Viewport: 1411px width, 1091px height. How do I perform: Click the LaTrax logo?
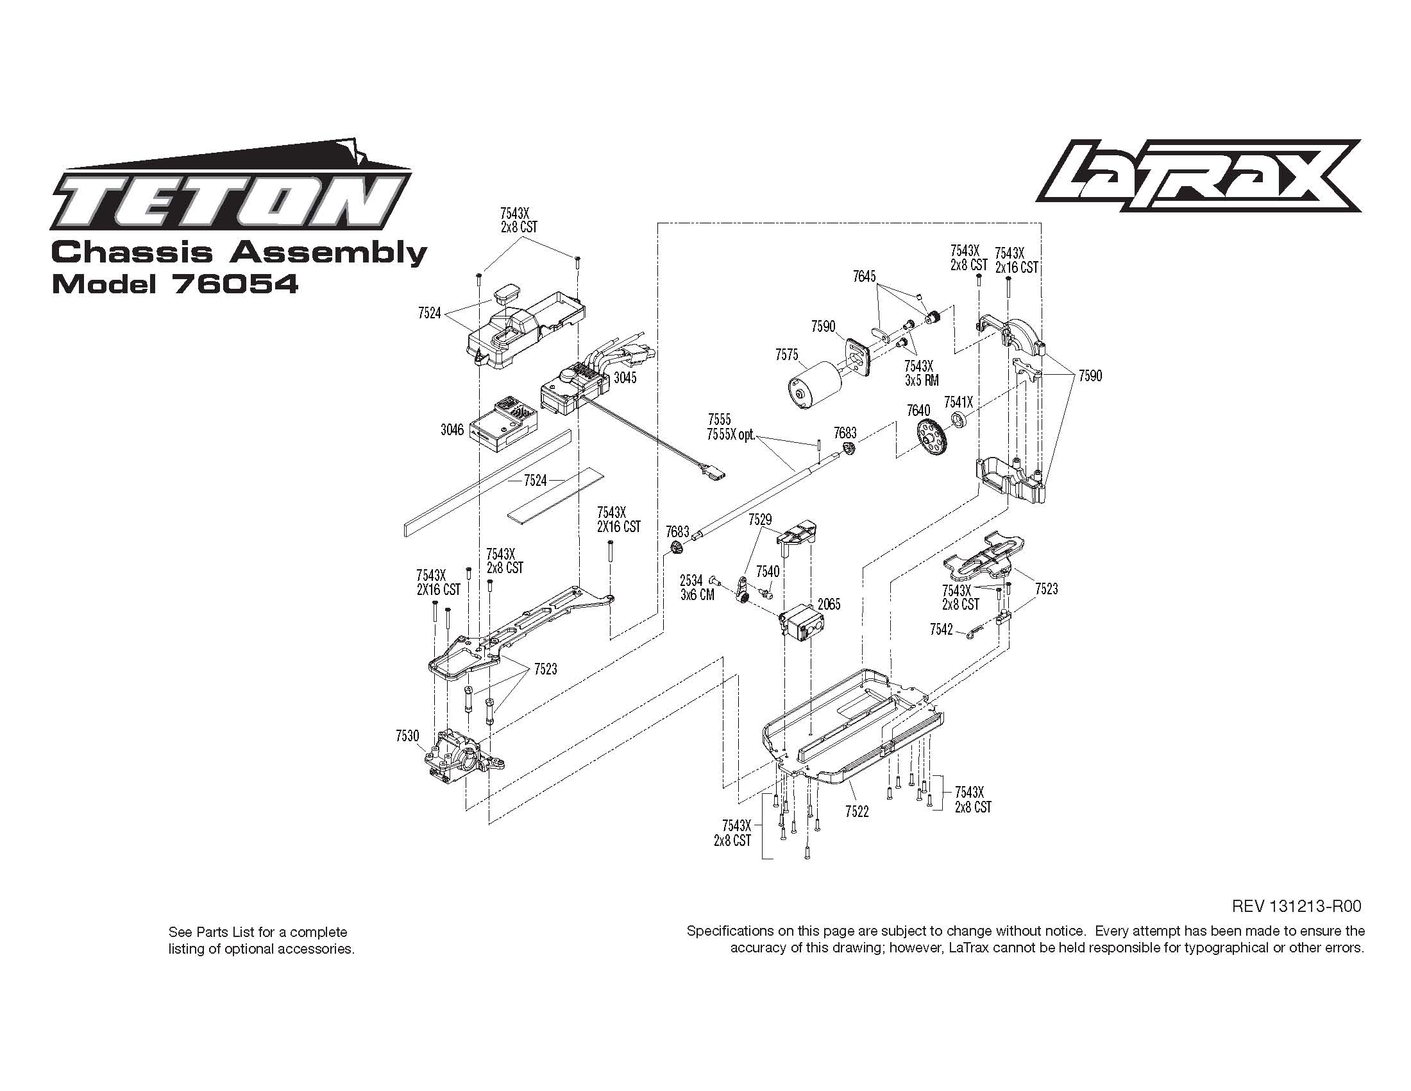pyautogui.click(x=1199, y=176)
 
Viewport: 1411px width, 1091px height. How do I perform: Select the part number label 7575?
pyautogui.click(x=787, y=355)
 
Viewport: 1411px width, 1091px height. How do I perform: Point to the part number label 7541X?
pyautogui.click(x=958, y=402)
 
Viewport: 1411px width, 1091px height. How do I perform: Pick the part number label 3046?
pyautogui.click(x=452, y=430)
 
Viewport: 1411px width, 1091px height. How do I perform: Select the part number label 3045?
pyautogui.click(x=625, y=378)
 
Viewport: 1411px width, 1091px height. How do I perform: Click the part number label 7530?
pyautogui.click(x=407, y=736)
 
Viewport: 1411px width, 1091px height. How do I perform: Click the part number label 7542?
pyautogui.click(x=942, y=629)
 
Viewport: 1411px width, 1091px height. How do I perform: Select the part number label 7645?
pyautogui.click(x=864, y=277)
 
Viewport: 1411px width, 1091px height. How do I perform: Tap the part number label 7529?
pyautogui.click(x=760, y=520)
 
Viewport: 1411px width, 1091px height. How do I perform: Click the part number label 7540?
pyautogui.click(x=768, y=571)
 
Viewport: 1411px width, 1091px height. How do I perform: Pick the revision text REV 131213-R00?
pyautogui.click(x=1297, y=906)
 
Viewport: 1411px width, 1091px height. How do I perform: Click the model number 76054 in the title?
pyautogui.click(x=235, y=284)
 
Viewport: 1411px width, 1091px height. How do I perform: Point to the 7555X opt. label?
pyautogui.click(x=731, y=434)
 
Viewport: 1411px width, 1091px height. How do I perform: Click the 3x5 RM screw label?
pyautogui.click(x=921, y=380)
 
